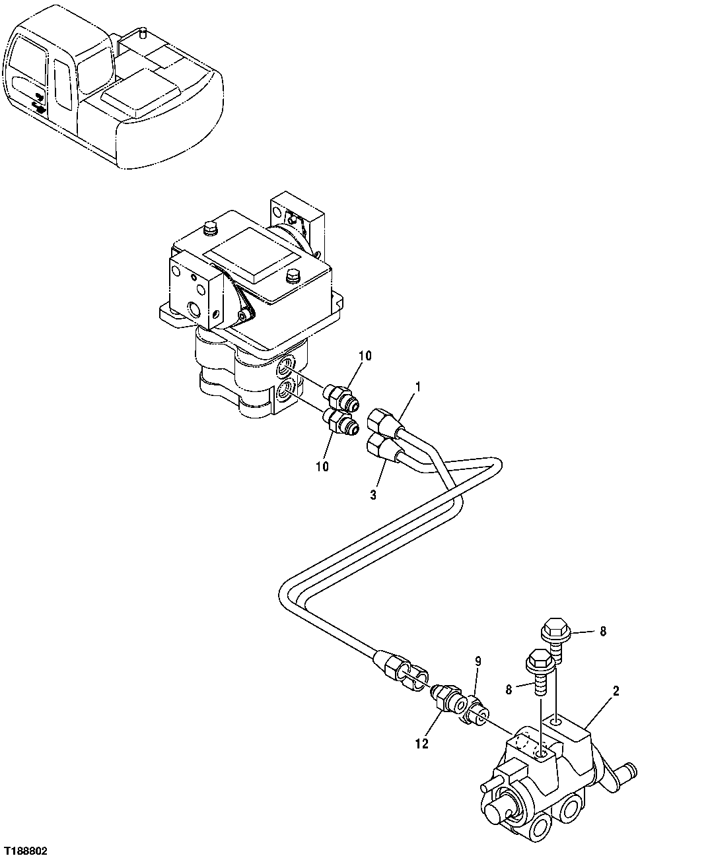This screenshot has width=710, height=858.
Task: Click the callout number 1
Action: [x=417, y=384]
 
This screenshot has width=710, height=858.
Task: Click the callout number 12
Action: [x=422, y=744]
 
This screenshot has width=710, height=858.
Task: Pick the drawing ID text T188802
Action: [x=26, y=852]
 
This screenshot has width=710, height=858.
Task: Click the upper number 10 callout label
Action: [x=365, y=356]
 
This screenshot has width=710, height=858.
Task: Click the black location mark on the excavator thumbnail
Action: [x=38, y=104]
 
